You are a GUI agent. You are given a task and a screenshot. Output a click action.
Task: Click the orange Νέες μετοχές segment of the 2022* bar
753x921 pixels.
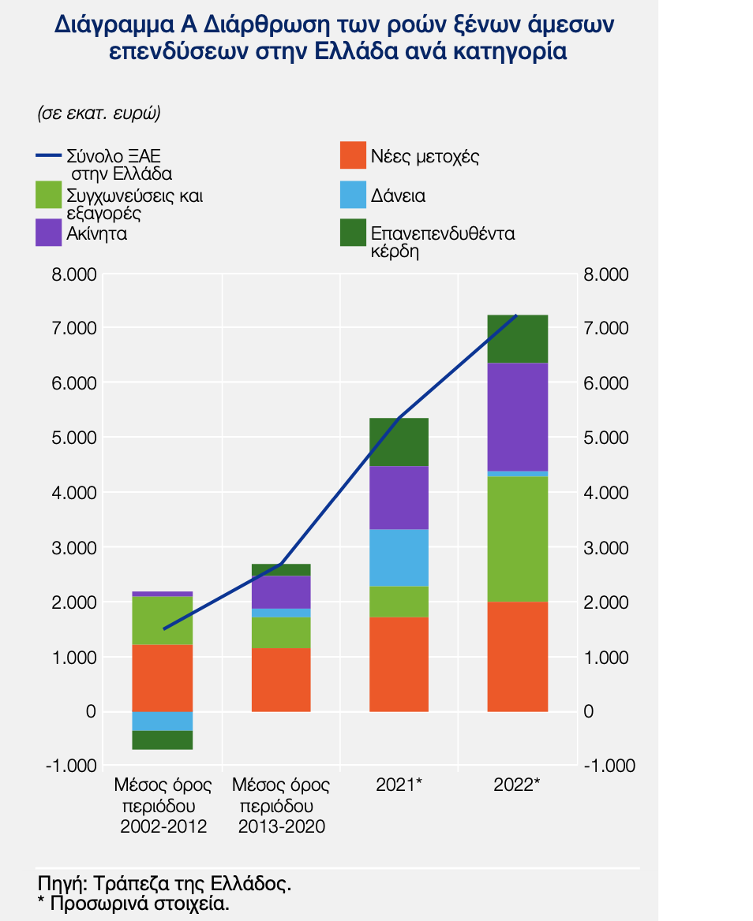(x=517, y=657)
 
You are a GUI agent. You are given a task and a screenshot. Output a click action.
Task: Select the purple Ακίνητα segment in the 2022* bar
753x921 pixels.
(x=517, y=416)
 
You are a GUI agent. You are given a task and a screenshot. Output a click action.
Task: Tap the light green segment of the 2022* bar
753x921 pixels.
(x=517, y=539)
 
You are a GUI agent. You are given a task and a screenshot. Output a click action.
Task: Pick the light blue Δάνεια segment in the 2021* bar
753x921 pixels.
(x=399, y=557)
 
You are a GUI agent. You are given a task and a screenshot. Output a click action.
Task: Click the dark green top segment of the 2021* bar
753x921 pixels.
(x=399, y=442)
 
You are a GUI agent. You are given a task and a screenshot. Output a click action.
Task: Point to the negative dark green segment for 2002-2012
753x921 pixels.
(x=163, y=740)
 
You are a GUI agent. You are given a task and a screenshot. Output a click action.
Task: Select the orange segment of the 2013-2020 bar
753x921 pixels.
(x=281, y=680)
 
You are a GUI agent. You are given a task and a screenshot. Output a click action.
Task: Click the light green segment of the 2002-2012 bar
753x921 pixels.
(x=163, y=620)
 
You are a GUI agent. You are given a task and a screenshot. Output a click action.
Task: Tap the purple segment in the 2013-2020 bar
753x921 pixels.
(x=281, y=591)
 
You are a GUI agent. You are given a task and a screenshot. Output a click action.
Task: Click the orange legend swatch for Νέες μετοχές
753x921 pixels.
(x=352, y=155)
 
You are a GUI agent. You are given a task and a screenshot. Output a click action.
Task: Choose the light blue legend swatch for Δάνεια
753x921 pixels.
(x=352, y=196)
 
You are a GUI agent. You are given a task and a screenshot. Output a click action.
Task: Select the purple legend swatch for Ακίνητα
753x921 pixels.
(x=49, y=233)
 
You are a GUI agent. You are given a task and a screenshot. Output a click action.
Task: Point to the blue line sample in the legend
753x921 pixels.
(x=49, y=155)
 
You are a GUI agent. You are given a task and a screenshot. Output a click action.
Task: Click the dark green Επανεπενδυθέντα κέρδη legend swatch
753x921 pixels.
(x=352, y=233)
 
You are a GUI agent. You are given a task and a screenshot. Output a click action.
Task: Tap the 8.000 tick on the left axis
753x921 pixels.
(x=76, y=275)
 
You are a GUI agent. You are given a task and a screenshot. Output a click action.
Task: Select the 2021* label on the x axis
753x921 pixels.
(x=399, y=785)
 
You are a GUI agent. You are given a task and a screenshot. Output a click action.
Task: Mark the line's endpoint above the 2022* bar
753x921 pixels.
(x=516, y=315)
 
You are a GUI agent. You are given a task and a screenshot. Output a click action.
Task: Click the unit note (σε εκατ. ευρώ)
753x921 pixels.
(x=99, y=113)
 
